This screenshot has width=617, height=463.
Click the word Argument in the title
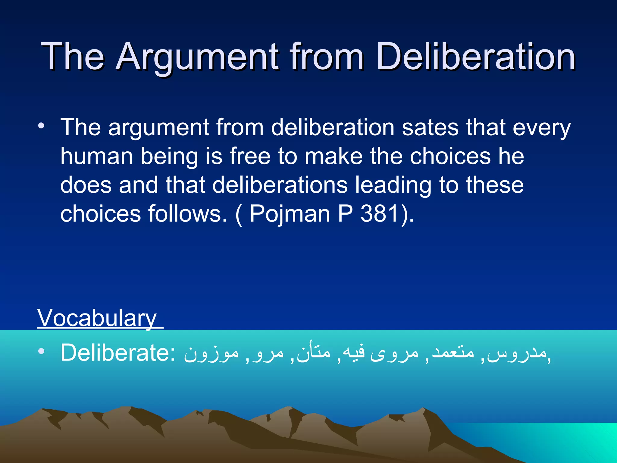point(197,57)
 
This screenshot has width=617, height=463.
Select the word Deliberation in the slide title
point(475,57)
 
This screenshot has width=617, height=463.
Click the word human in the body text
point(96,156)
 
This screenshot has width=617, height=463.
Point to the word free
point(250,156)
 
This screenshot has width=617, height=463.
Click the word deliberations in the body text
point(280,185)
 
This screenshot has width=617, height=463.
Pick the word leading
point(393,186)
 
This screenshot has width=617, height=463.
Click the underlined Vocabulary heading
point(97,318)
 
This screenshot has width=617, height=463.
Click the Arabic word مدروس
point(517,353)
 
